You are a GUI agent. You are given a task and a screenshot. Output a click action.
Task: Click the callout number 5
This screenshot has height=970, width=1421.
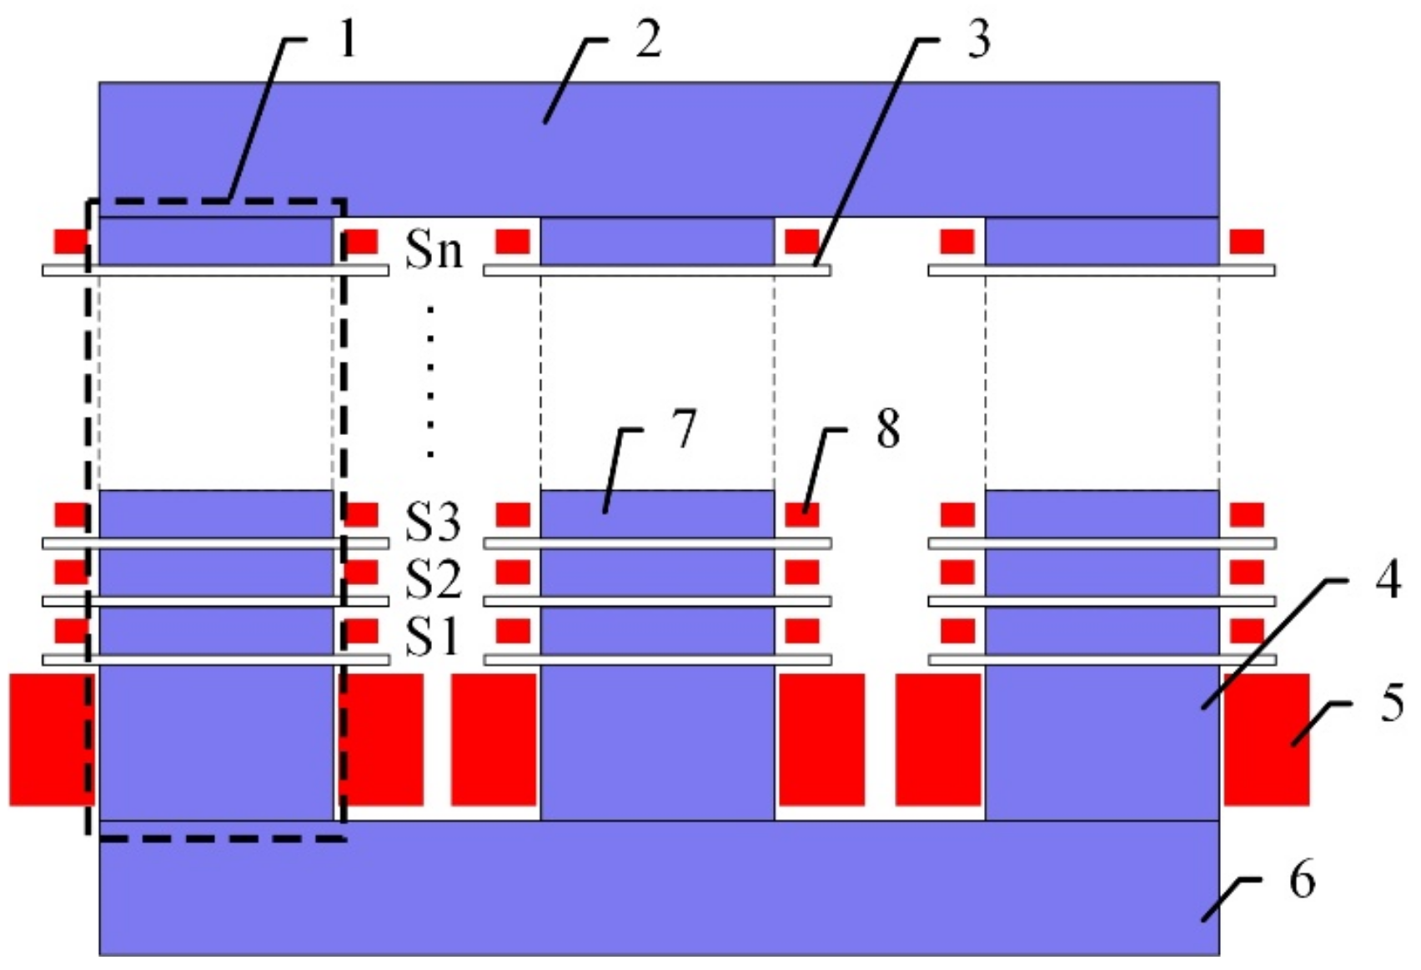[x=1391, y=703]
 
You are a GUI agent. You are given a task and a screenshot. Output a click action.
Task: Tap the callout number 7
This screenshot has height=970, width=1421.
[x=684, y=430]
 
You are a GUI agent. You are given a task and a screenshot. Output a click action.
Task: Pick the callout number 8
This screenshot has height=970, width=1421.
[x=887, y=430]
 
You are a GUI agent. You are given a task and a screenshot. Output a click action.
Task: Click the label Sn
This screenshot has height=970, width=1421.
[x=434, y=248]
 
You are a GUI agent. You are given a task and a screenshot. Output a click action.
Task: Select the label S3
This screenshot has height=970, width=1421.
[x=433, y=523]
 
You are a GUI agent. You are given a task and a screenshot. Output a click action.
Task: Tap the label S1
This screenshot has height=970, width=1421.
[x=432, y=637]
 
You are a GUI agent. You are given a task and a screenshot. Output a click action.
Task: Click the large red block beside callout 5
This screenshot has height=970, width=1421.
[x=1267, y=740]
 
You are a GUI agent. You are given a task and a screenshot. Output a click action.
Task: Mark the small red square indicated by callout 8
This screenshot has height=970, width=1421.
[x=802, y=515]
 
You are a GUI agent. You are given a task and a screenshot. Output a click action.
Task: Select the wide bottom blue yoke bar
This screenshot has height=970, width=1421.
[x=659, y=887]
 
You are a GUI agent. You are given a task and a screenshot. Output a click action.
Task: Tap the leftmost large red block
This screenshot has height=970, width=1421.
[x=50, y=740]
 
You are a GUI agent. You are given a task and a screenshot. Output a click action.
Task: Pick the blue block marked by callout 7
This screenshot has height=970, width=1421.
[x=658, y=515]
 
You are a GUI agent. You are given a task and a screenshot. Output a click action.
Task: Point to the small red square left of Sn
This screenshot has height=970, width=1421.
[x=362, y=242]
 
